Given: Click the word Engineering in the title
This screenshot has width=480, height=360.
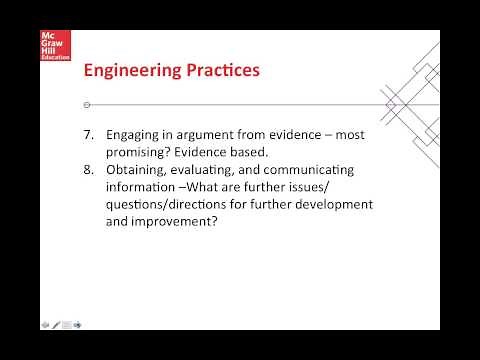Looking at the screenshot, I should click(x=127, y=71).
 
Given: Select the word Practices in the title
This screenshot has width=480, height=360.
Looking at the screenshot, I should click(x=217, y=71).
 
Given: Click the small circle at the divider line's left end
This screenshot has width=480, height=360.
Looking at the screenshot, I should click(x=87, y=104).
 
